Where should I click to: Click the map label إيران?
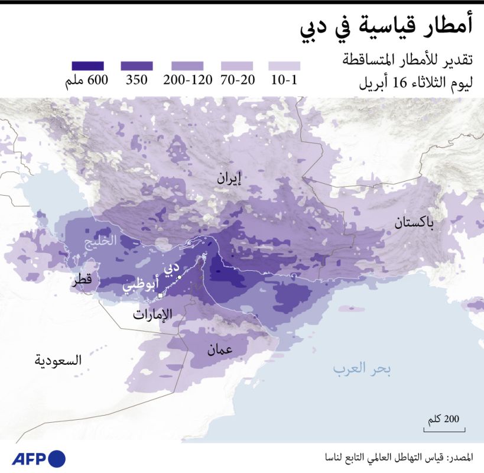coord(229,178)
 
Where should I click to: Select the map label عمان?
coord(219,349)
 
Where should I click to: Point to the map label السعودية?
coord(57,360)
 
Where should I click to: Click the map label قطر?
coord(82,281)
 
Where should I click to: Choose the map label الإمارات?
coord(152,314)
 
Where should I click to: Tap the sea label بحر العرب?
coord(362,370)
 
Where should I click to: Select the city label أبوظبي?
coord(141,286)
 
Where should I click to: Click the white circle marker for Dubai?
coord(179,276)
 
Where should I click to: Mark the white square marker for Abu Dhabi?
coord(160,295)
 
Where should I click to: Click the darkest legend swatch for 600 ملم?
coord(87,66)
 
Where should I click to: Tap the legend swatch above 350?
coord(137,66)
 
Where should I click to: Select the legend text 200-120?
coord(187,80)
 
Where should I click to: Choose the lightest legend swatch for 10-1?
coord(284,66)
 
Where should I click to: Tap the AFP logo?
coord(38,458)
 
